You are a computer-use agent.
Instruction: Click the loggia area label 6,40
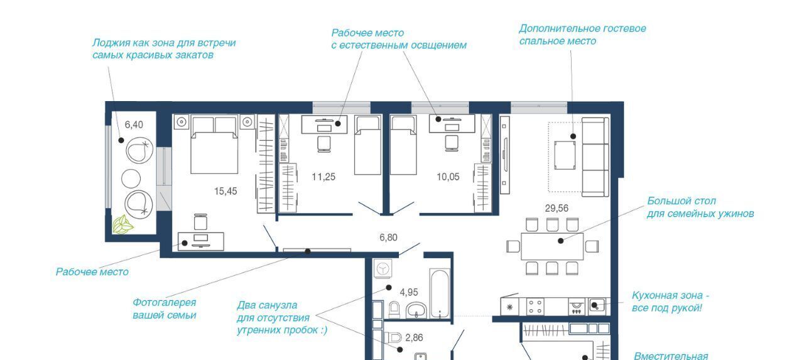(134, 125)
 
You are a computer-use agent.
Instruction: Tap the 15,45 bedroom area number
(225, 191)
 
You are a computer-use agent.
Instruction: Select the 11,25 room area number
(323, 177)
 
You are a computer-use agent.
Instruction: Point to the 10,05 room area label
(448, 177)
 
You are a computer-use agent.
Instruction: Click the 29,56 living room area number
(557, 208)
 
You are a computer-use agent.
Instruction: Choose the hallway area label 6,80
(388, 237)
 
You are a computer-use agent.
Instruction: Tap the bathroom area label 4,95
(409, 293)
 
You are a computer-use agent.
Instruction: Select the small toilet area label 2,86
(414, 338)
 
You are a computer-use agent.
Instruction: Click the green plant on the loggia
(122, 224)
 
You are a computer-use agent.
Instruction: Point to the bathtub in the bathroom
(439, 293)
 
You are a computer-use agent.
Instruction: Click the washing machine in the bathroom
(383, 268)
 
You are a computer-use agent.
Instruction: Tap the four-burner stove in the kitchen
(535, 307)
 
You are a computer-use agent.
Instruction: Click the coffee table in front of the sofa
(565, 155)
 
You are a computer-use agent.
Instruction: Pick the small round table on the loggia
(131, 179)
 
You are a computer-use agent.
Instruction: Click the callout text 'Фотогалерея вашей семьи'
(165, 309)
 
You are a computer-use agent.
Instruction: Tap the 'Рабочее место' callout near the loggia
(92, 272)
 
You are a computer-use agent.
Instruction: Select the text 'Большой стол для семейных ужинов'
(700, 207)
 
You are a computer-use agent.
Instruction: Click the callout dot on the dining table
(561, 241)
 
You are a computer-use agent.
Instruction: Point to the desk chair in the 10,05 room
(452, 143)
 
